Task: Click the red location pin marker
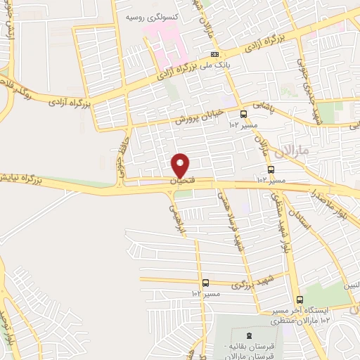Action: pyautogui.click(x=181, y=165)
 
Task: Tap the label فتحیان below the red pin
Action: pyautogui.click(x=181, y=181)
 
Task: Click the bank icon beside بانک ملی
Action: pyautogui.click(x=214, y=53)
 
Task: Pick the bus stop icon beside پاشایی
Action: pyautogui.click(x=244, y=114)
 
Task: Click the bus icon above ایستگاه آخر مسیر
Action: pyautogui.click(x=300, y=300)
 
